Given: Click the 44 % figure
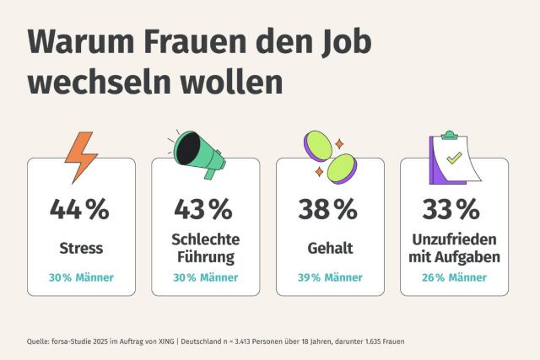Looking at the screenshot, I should pos(80,209).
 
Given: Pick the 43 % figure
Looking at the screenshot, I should pos(203,209).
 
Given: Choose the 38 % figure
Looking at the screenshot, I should pos(329,209).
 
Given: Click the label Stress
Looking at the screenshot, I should pos(81,248).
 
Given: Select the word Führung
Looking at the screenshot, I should pos(203,256).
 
